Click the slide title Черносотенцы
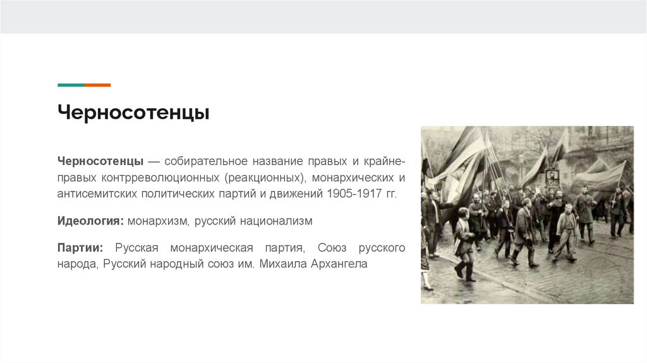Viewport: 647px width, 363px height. [x=134, y=113]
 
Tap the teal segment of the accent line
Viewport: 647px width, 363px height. [x=71, y=85]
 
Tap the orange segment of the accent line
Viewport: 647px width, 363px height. [x=97, y=85]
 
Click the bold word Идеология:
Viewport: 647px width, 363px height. [x=90, y=221]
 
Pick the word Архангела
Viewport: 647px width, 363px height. [x=339, y=264]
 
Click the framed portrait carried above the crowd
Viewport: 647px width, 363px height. [x=553, y=178]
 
